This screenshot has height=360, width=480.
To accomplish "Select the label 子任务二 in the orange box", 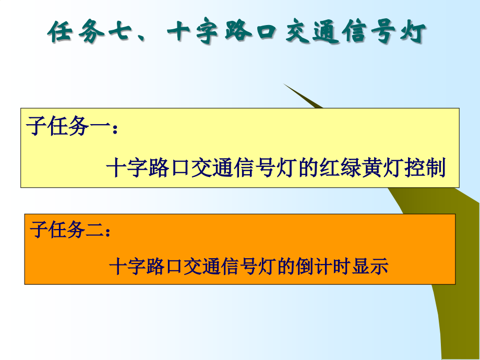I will coord(65,230).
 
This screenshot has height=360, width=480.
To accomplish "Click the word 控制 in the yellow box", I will coord(421,168).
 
